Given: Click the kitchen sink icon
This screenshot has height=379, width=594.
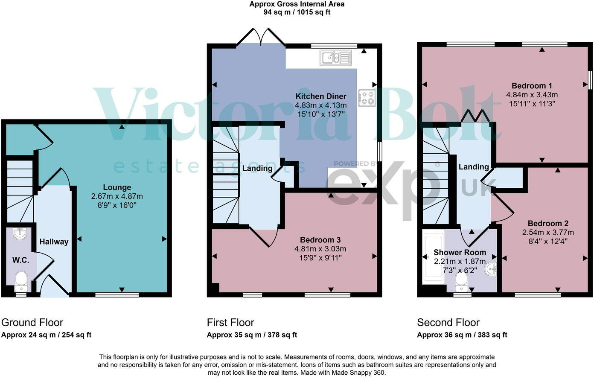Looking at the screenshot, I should (x=335, y=58).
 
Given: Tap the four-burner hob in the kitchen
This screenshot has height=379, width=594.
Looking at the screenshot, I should (x=367, y=98).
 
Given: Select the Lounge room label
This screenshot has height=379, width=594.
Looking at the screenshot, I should (x=117, y=187).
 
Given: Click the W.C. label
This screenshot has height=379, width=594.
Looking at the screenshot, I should (x=20, y=260).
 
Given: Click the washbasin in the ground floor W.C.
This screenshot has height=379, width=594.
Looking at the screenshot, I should (x=20, y=233).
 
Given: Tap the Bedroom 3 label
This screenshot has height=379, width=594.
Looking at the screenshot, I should (x=320, y=240).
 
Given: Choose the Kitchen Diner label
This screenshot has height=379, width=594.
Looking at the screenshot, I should (x=321, y=96).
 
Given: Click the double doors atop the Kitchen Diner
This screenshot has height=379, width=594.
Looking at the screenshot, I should (x=261, y=37).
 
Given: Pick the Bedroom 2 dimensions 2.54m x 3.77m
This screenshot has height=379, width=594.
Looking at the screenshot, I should (x=548, y=233).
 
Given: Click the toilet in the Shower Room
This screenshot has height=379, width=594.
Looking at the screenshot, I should (x=461, y=281).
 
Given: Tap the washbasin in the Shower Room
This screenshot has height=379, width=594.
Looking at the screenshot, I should (x=491, y=269).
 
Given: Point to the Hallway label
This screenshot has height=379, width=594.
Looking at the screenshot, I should (x=54, y=242).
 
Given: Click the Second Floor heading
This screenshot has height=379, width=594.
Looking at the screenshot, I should (x=448, y=323).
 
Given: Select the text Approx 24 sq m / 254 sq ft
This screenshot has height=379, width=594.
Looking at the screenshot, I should (x=46, y=335).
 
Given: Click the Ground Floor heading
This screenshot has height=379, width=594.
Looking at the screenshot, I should (x=32, y=323).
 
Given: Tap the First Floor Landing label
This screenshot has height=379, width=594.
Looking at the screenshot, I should (x=257, y=169).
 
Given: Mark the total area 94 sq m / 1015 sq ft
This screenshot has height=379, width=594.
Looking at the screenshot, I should (x=297, y=12).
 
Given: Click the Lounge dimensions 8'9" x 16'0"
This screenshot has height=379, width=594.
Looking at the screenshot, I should (x=117, y=205).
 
